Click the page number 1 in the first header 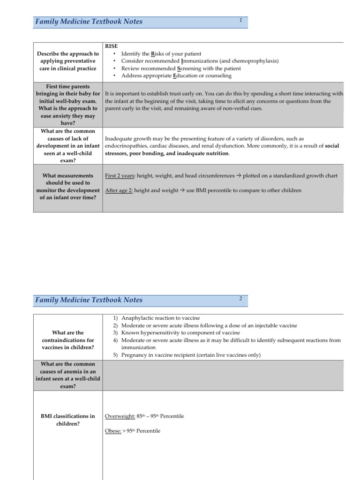pyautogui.click(x=240, y=20)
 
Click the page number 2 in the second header pyautogui.click(x=240, y=298)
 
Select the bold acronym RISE pyautogui.click(x=112, y=46)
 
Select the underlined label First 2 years pyautogui.click(x=119, y=176)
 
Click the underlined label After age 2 pyautogui.click(x=119, y=190)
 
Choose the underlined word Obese pyautogui.click(x=112, y=431)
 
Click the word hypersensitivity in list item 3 pyautogui.click(x=159, y=333)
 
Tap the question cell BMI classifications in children pyautogui.click(x=67, y=420)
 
